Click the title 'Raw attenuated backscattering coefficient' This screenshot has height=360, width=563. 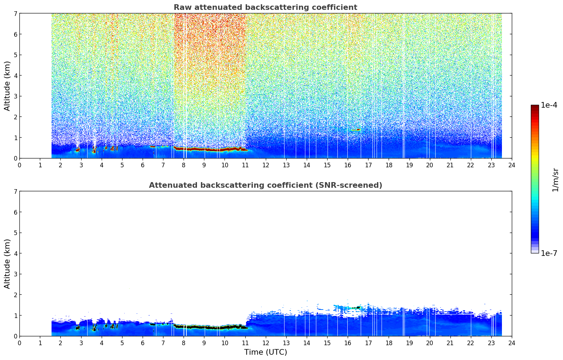tap(265, 7)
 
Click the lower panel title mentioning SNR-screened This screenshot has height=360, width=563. tap(265, 185)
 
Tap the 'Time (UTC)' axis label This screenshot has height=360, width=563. tap(265, 352)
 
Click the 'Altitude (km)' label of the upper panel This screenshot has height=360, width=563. tap(7, 86)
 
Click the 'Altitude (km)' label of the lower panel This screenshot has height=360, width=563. tap(7, 264)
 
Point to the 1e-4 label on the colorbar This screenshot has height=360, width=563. tap(549, 105)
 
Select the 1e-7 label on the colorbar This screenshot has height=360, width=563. tap(549, 253)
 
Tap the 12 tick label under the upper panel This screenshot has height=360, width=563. tap(266, 165)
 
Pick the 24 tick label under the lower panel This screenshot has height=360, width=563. tap(512, 343)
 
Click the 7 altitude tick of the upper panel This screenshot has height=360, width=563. tap(15, 13)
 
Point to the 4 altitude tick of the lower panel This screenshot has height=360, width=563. tap(15, 253)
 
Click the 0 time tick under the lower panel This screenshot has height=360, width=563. tap(20, 343)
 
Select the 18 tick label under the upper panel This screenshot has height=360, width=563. tap(389, 165)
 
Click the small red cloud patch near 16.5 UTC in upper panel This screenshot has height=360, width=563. tap(357, 130)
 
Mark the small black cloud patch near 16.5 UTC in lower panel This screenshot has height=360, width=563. tap(357, 307)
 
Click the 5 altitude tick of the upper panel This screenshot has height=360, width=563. tap(15, 55)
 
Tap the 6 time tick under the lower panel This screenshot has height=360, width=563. tap(143, 343)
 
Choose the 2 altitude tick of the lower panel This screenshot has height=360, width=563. tap(15, 295)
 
